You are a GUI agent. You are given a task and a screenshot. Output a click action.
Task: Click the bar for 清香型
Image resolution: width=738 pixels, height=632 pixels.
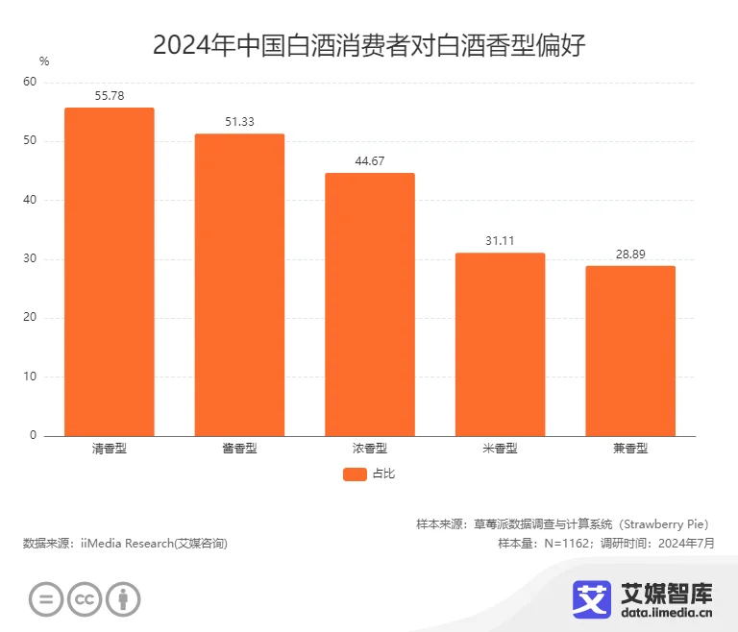pyautogui.click(x=110, y=272)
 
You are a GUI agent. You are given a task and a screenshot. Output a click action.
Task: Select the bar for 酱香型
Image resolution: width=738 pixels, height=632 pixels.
pyautogui.click(x=239, y=284)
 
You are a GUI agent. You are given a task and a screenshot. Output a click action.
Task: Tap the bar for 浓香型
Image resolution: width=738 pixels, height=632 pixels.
pyautogui.click(x=370, y=304)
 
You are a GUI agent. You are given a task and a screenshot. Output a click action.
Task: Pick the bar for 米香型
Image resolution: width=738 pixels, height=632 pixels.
pyautogui.click(x=500, y=344)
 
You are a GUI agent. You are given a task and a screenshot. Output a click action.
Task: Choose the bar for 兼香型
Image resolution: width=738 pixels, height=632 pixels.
pyautogui.click(x=630, y=351)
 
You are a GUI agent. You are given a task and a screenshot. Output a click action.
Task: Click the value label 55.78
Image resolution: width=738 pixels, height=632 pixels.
pyautogui.click(x=110, y=96)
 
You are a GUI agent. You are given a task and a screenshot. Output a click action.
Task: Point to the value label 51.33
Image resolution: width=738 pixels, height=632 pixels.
pyautogui.click(x=239, y=122)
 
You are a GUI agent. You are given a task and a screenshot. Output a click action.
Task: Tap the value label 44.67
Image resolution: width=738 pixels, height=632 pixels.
pyautogui.click(x=370, y=161)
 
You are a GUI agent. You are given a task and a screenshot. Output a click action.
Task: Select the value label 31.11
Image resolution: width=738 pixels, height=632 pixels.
pyautogui.click(x=500, y=241)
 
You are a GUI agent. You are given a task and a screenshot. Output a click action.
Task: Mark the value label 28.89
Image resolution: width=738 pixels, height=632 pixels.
pyautogui.click(x=630, y=254)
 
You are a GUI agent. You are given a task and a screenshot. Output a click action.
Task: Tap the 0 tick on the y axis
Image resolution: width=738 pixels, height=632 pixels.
pyautogui.click(x=33, y=436)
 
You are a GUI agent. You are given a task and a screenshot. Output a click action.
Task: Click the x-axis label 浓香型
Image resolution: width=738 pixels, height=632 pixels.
pyautogui.click(x=370, y=449)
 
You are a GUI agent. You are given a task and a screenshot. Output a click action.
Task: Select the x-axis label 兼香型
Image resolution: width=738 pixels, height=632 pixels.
pyautogui.click(x=630, y=449)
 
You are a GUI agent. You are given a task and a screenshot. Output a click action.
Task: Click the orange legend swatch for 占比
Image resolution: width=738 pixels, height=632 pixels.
pyautogui.click(x=355, y=474)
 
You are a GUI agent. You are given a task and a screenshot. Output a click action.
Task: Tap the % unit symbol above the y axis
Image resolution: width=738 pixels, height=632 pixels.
pyautogui.click(x=44, y=61)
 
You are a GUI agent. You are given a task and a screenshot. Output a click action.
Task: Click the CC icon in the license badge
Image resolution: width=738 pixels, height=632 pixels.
pyautogui.click(x=85, y=600)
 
